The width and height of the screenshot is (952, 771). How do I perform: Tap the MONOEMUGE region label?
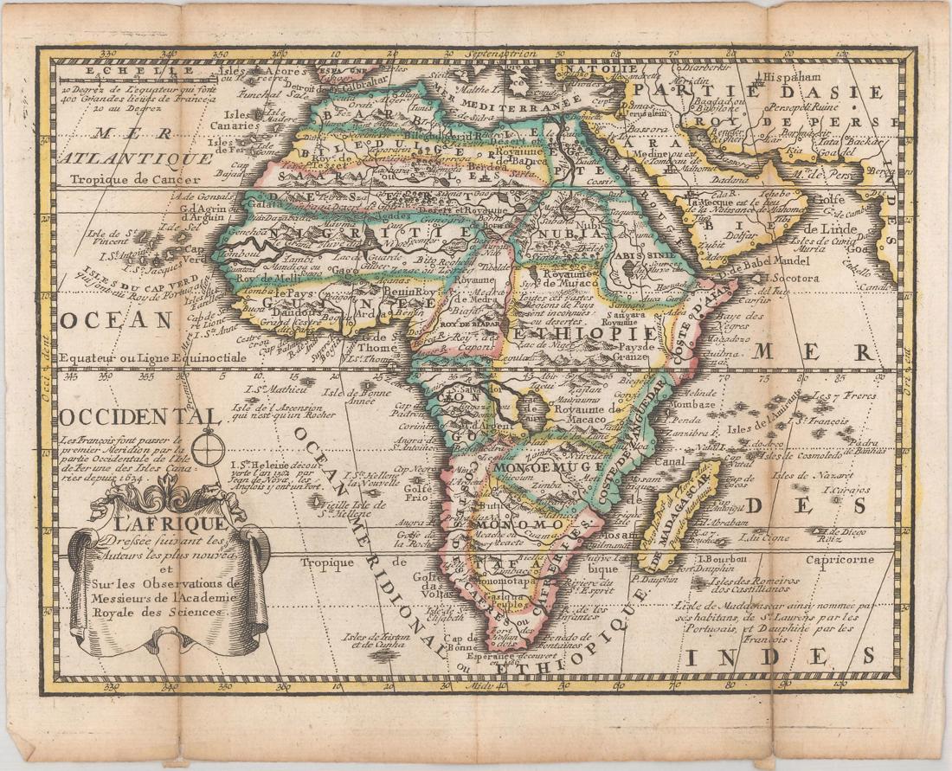[536, 467]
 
